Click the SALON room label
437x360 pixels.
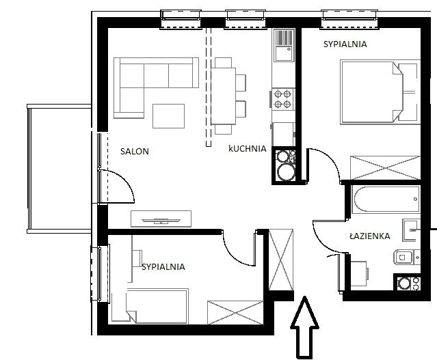(x=134, y=151)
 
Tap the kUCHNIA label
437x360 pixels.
(x=247, y=148)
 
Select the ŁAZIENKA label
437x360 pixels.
(x=369, y=236)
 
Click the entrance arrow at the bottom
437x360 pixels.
(x=304, y=327)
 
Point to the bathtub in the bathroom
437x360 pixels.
(x=386, y=199)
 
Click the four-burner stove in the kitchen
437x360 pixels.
(x=283, y=99)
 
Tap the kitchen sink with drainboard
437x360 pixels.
(x=284, y=45)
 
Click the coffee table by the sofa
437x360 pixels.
(x=169, y=116)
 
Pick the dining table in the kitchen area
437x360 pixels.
(x=224, y=96)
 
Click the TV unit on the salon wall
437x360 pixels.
(x=161, y=219)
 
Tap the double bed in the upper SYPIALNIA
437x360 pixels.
(x=372, y=92)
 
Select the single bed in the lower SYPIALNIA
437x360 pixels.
(x=157, y=306)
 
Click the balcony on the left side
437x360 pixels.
(x=59, y=169)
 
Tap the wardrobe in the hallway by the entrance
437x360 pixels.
(x=281, y=260)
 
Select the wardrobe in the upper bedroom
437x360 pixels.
(x=385, y=167)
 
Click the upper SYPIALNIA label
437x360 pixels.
(x=345, y=44)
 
